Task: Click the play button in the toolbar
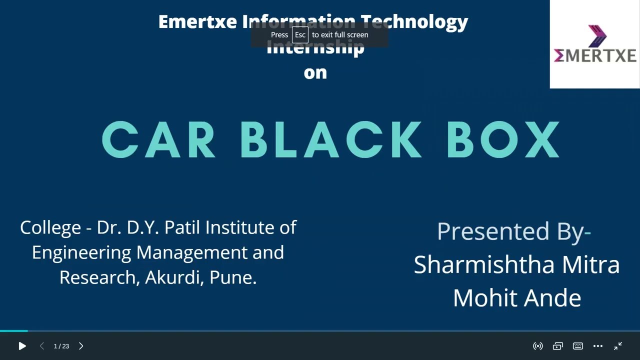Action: point(22,346)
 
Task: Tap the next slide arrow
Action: point(81,346)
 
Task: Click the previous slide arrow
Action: point(42,346)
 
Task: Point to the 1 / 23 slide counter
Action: point(61,346)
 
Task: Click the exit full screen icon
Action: point(618,346)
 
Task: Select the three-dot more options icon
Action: point(598,346)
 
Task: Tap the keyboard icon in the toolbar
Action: point(578,346)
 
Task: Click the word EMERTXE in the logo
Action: point(595,55)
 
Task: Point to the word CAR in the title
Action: point(158,140)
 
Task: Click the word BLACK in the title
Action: point(330,140)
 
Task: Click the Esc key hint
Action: point(300,35)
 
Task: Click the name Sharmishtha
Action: point(484,264)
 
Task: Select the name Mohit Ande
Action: point(516,298)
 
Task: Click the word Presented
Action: point(492,231)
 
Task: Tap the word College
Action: point(50,228)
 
